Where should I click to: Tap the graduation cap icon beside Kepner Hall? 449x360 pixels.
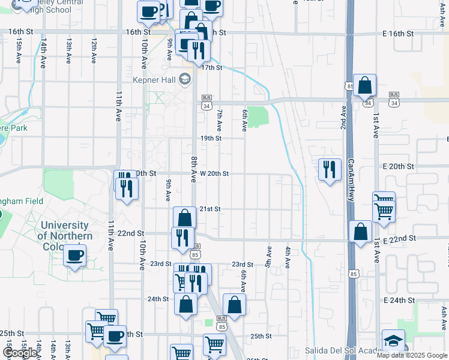point(184,79)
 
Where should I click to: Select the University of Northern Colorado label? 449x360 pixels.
point(65,231)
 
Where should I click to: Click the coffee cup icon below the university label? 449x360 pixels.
point(75,256)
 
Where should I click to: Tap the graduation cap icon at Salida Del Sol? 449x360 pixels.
point(393,341)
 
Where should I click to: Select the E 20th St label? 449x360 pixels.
point(402,166)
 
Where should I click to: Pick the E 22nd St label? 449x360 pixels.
point(400,238)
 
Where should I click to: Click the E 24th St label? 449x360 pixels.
point(400,300)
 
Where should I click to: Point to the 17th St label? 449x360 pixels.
point(211,68)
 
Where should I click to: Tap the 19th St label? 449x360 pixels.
point(211,138)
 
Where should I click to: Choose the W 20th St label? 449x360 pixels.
point(214,173)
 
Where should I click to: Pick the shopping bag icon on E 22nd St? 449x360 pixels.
point(360,232)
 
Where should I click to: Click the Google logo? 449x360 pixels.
point(20,353)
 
